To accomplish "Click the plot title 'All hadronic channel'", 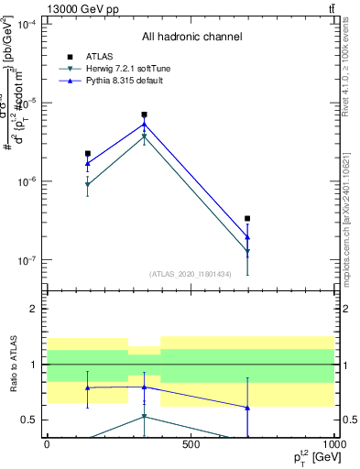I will click(191, 38).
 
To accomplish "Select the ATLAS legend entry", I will click(99, 56).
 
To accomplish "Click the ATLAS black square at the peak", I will click(144, 115).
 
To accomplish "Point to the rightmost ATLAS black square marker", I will click(247, 219).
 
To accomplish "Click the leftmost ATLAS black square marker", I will click(87, 154).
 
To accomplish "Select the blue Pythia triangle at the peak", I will click(144, 124).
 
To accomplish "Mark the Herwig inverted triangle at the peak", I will click(144, 136).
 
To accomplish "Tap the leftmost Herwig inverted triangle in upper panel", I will click(87, 185).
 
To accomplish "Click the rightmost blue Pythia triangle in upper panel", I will click(247, 237).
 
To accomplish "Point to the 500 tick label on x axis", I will click(191, 444).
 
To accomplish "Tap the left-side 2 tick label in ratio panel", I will click(32, 310).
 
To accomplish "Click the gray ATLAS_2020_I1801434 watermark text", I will click(191, 274).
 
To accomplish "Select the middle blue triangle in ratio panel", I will click(144, 387).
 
